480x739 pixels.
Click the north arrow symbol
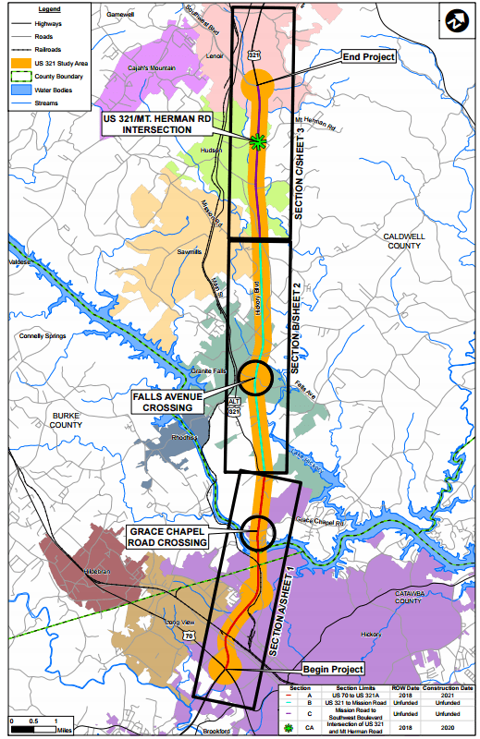click(x=456, y=20)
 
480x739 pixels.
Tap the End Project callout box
click(x=369, y=57)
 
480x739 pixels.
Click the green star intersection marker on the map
click(x=258, y=140)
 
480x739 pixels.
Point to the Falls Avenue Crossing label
click(x=169, y=401)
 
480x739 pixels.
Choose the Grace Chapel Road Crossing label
click(x=167, y=538)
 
